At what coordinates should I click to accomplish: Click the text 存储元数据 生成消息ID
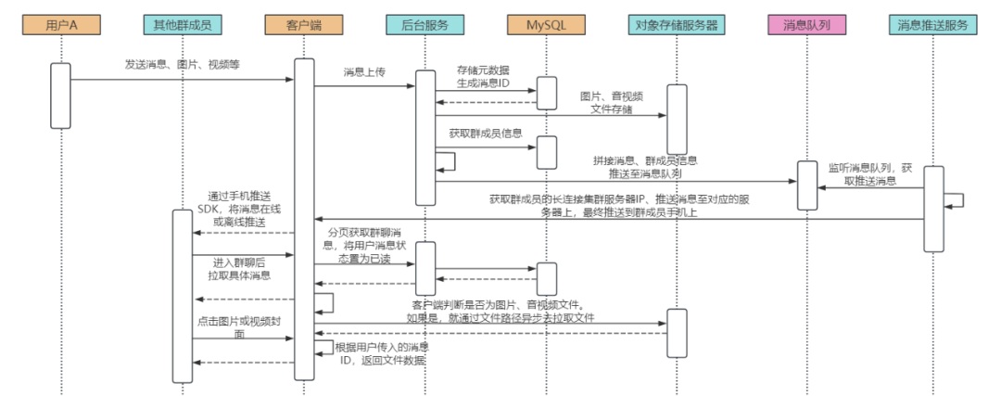(x=483, y=77)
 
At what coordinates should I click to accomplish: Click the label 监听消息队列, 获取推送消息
(x=869, y=174)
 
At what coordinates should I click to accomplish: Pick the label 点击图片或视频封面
(x=239, y=326)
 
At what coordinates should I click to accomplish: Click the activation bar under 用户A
(x=60, y=95)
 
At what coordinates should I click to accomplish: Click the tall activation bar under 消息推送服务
(x=933, y=209)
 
